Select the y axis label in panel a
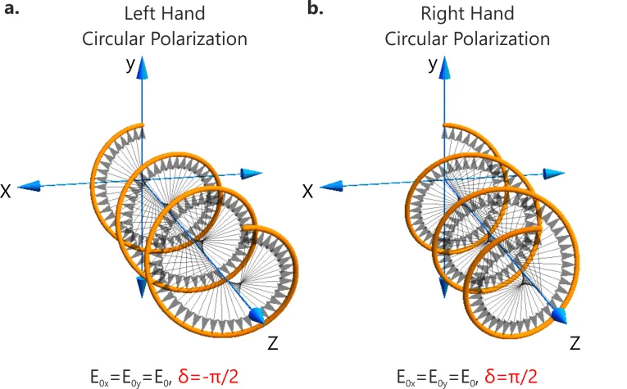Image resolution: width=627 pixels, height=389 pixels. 129,66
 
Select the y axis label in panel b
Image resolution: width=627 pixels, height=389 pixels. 432,66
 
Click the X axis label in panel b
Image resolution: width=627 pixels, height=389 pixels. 308,191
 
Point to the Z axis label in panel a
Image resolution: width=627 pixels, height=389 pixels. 274,342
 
